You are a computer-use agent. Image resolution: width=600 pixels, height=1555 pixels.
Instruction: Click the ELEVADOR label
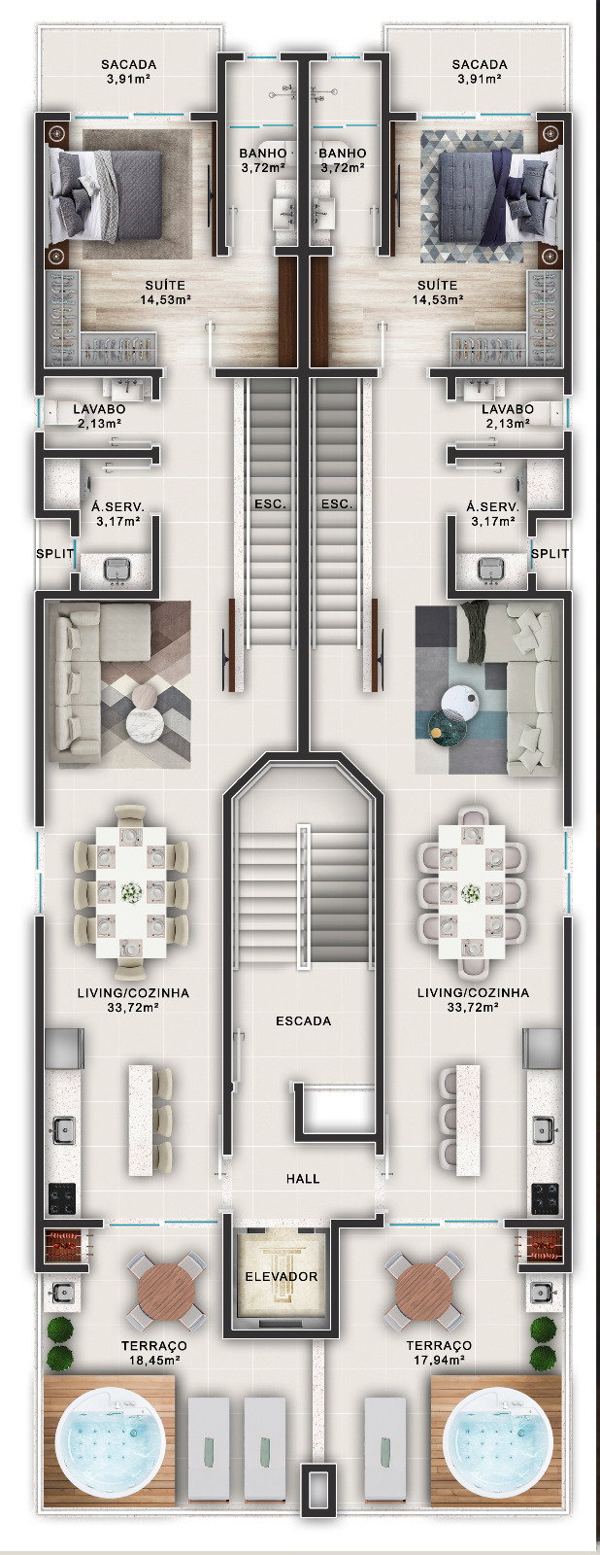point(281,1276)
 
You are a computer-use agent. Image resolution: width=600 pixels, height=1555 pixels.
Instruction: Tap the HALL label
point(303,1178)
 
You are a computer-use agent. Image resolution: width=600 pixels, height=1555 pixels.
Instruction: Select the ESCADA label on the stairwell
point(303,1021)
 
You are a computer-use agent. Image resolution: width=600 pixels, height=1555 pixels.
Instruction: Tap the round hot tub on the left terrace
point(110,1441)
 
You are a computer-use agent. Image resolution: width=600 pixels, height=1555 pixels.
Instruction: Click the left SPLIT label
point(54,553)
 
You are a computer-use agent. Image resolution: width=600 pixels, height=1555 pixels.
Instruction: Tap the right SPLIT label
point(550,553)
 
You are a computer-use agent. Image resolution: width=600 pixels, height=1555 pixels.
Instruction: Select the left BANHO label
point(263,153)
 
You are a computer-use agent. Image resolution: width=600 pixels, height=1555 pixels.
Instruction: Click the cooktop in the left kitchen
point(61,1197)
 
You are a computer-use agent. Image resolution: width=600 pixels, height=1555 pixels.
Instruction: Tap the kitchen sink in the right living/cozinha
point(543,1129)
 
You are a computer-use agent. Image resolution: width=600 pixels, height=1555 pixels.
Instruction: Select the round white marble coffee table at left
point(145,725)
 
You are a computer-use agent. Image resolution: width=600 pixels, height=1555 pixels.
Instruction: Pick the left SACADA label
point(129,64)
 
